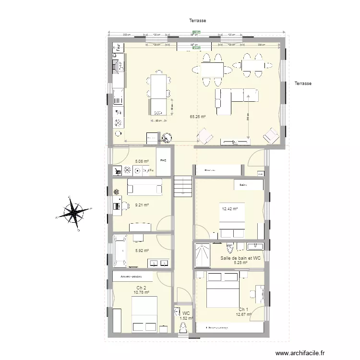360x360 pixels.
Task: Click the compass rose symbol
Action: (73, 213)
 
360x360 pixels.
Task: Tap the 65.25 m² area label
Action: (198, 117)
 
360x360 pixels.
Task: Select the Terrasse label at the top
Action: (198, 21)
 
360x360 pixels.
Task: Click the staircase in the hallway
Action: (183, 186)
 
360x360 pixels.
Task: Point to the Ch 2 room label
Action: (141, 287)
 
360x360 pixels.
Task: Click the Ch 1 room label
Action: (243, 309)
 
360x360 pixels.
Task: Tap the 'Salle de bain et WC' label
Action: (240, 258)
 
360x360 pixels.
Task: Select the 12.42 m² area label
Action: (230, 209)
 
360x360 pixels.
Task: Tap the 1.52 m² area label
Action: (186, 318)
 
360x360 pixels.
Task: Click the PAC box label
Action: (164, 160)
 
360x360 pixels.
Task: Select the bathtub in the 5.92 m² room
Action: (119, 251)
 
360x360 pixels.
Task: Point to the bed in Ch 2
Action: (144, 314)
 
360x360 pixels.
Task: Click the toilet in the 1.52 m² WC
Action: (183, 328)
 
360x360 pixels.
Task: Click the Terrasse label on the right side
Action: (303, 84)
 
